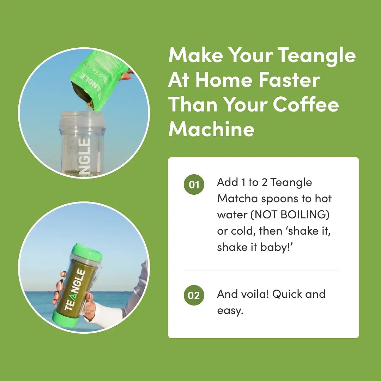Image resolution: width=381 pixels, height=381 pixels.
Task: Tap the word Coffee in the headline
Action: click(306, 104)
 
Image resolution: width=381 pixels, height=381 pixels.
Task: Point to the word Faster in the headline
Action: click(289, 80)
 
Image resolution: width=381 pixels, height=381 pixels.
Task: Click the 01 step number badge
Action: click(194, 185)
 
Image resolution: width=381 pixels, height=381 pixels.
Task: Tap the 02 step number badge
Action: click(194, 295)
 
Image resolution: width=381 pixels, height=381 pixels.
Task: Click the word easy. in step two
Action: click(230, 310)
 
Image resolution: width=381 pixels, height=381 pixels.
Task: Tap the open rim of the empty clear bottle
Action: click(83, 114)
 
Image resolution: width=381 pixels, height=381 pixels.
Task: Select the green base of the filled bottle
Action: click(66, 318)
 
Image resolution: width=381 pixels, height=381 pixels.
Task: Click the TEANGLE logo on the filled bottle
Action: click(74, 290)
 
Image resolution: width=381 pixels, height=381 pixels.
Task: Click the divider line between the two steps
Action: click(261, 271)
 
